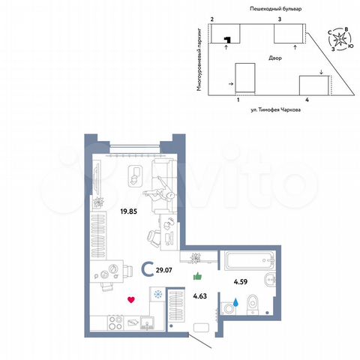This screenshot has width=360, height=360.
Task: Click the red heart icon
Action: [x=131, y=301]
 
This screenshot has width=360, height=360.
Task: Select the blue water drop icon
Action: [x=236, y=303]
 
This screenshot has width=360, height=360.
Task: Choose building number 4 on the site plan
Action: [x=307, y=98]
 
